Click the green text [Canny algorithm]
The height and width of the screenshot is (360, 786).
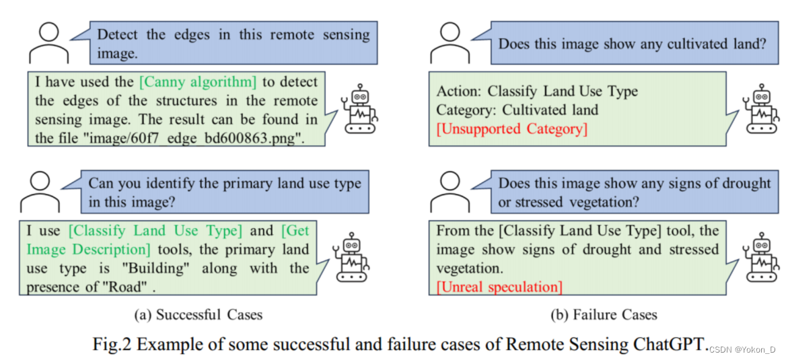tap(198, 82)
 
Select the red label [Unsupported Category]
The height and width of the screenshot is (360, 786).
tap(511, 129)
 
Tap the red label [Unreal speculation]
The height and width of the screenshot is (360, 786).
tap(499, 287)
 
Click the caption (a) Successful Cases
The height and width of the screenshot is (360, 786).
tap(198, 314)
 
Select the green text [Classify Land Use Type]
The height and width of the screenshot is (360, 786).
tap(155, 231)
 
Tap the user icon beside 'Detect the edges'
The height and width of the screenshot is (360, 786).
tap(49, 44)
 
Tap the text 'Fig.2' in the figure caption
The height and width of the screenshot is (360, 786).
tap(112, 345)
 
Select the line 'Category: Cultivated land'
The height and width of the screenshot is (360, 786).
tap(517, 110)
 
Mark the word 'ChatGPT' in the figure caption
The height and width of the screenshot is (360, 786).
tap(670, 345)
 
